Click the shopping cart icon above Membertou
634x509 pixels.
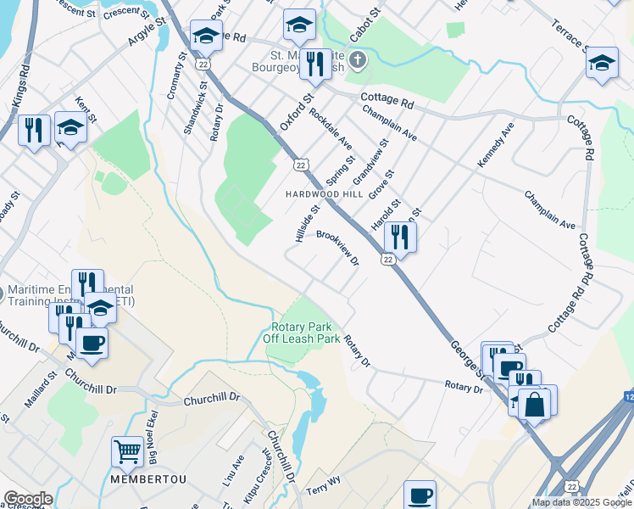(127, 451)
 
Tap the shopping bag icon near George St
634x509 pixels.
(536, 402)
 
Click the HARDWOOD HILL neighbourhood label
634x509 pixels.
(324, 194)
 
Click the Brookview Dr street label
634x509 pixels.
(338, 248)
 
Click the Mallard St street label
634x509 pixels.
(40, 389)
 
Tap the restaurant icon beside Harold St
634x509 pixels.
(398, 237)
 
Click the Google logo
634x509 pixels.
(27, 499)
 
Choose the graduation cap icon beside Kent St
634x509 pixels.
(71, 127)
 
